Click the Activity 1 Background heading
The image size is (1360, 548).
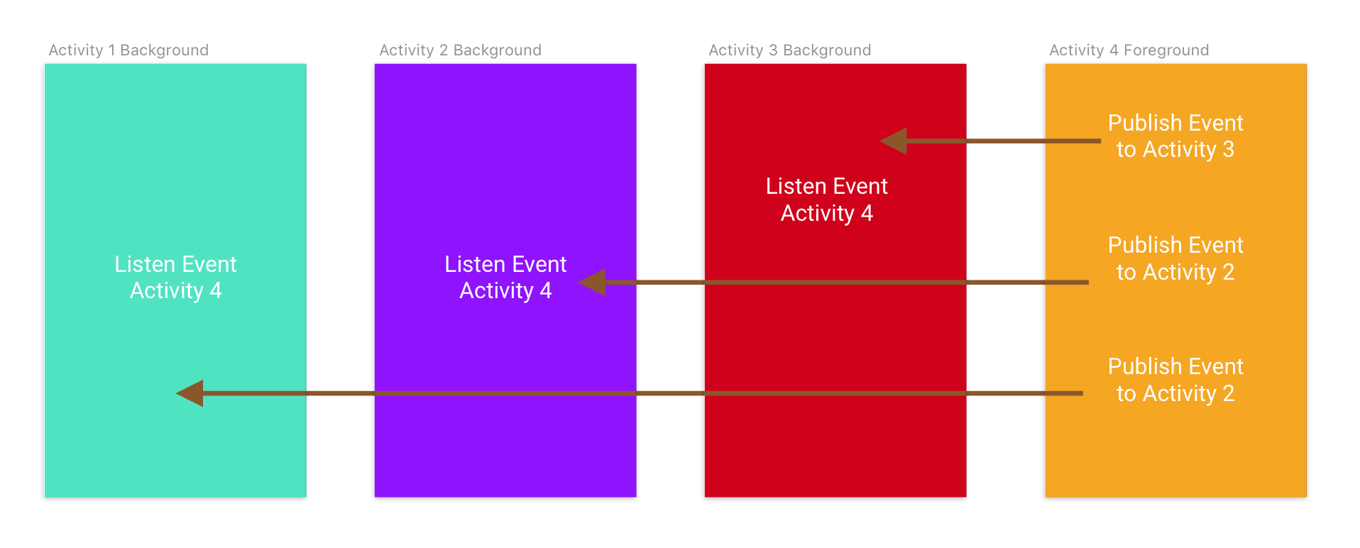pyautogui.click(x=128, y=50)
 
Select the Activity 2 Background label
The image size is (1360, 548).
pyautogui.click(x=460, y=50)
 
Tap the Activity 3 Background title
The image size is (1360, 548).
pyautogui.click(x=789, y=50)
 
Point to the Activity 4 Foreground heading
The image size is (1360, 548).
pyautogui.click(x=1129, y=50)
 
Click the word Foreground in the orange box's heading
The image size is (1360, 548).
pyautogui.click(x=1166, y=50)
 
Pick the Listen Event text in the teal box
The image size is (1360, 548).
pyautogui.click(x=175, y=265)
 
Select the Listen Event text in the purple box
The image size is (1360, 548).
pyautogui.click(x=505, y=265)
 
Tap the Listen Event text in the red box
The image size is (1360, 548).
pyautogui.click(x=826, y=187)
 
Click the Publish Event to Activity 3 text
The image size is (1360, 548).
pyautogui.click(x=1175, y=136)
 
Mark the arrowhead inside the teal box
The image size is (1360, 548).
pyautogui.click(x=190, y=393)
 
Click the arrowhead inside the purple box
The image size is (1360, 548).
pyautogui.click(x=593, y=283)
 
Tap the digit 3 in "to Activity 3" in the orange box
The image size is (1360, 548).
pyautogui.click(x=1228, y=150)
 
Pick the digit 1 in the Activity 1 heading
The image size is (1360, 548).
pyautogui.click(x=111, y=50)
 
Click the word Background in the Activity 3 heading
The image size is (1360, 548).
pyautogui.click(x=827, y=50)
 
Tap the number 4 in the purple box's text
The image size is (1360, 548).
pyautogui.click(x=545, y=291)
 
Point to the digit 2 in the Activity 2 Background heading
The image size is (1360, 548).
pyautogui.click(x=444, y=50)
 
